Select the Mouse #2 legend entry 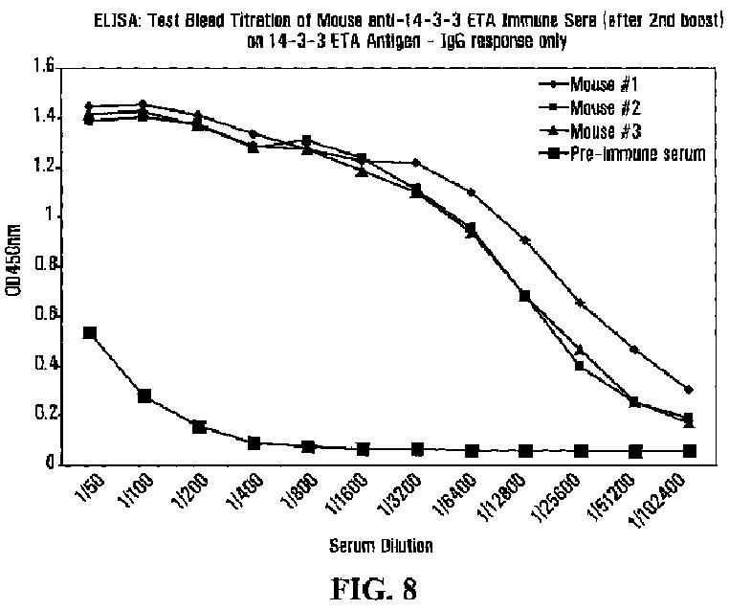[x=618, y=107]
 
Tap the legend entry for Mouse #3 [x=618, y=130]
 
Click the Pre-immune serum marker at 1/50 [x=89, y=333]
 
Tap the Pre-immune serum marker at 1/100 [x=144, y=395]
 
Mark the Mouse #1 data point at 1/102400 [x=689, y=389]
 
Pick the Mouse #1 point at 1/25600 [x=580, y=303]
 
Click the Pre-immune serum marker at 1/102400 [x=689, y=450]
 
